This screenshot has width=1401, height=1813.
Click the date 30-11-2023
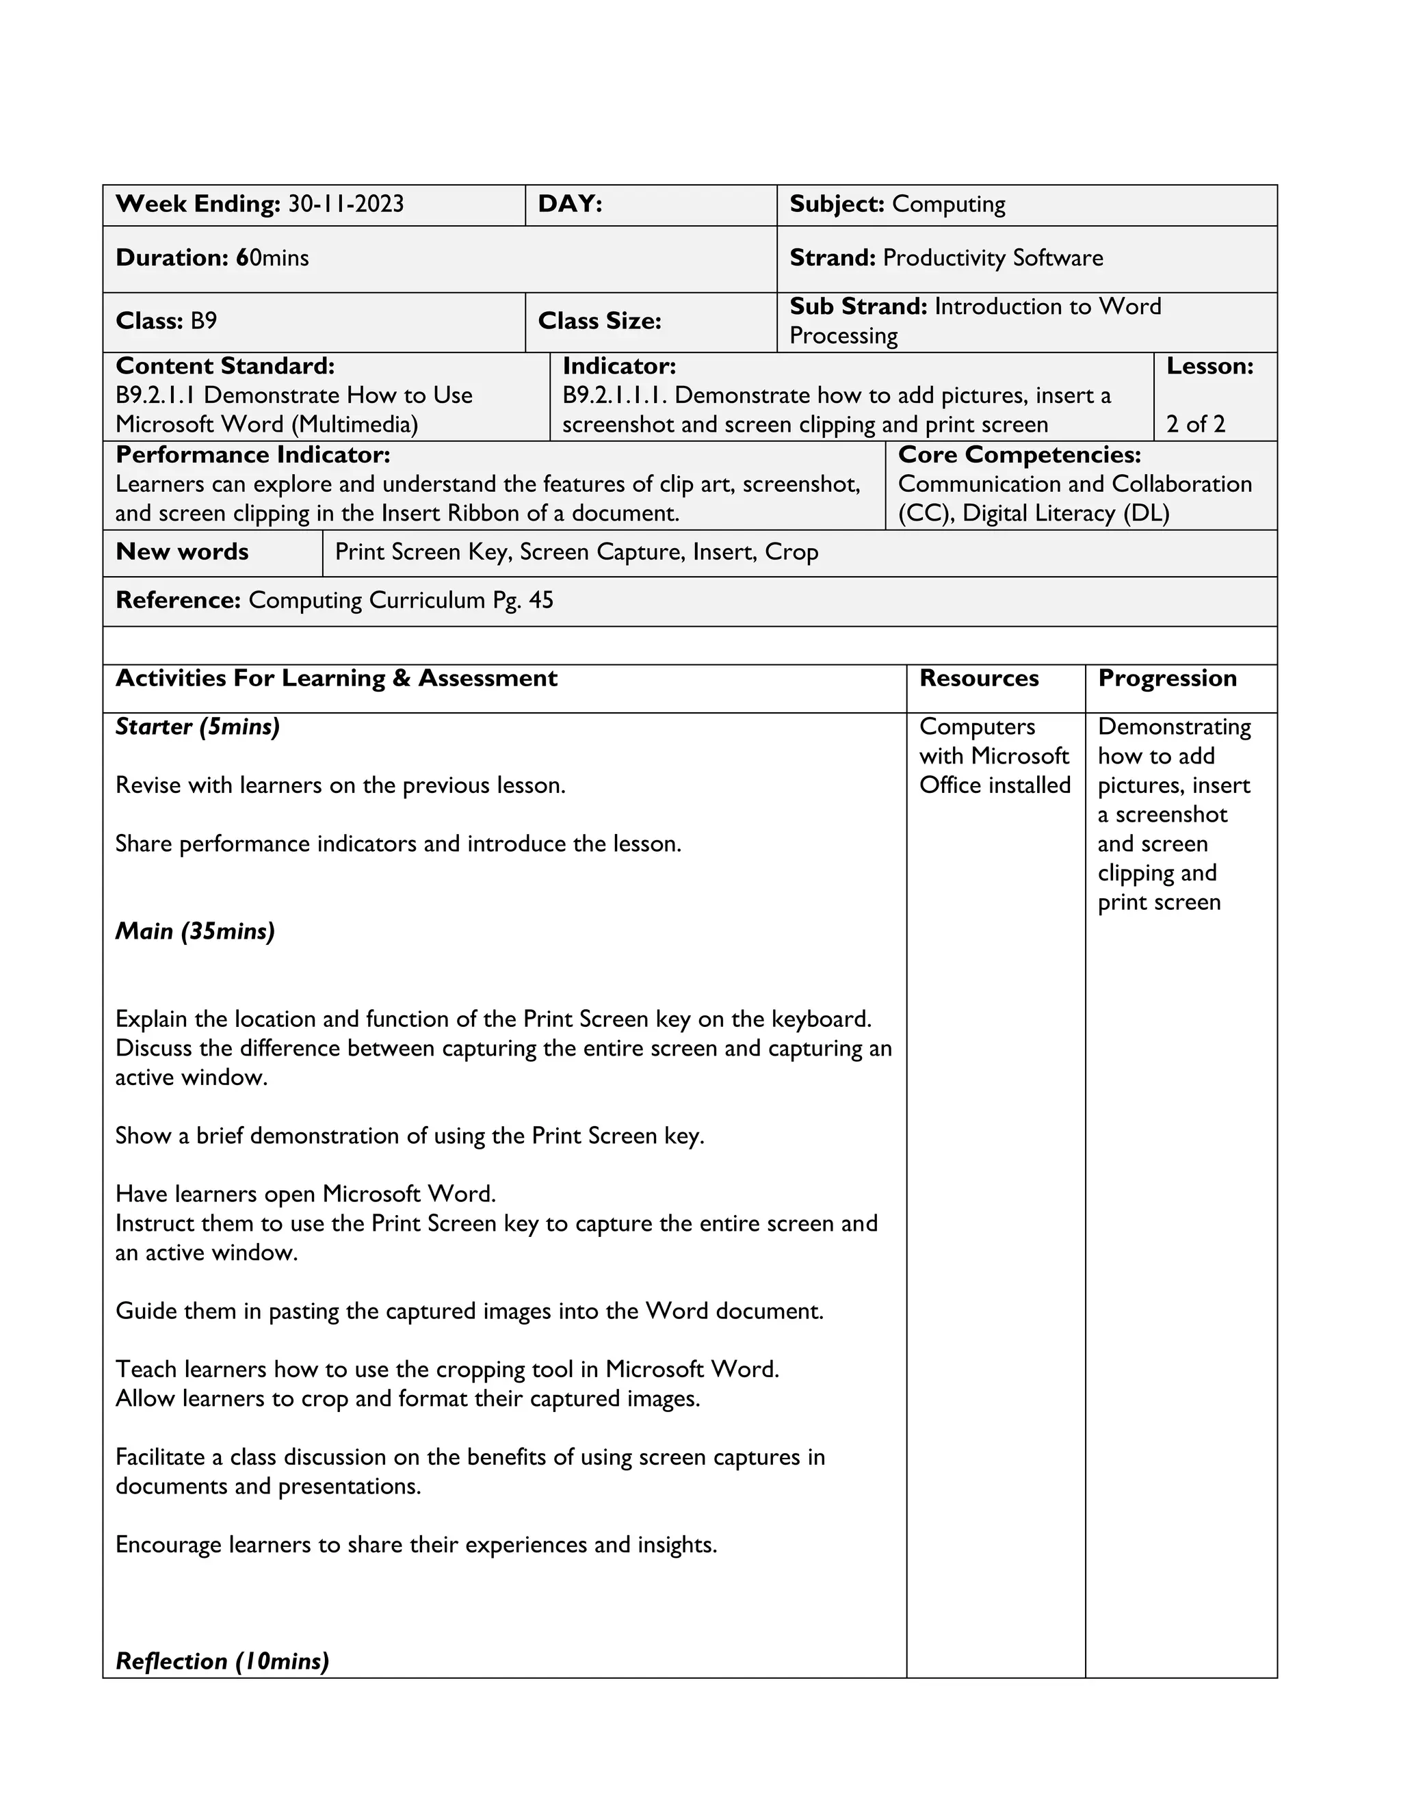pos(345,204)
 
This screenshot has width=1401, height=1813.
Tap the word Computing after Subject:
pos(948,204)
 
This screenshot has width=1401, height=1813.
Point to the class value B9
pos(203,322)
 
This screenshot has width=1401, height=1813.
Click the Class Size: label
pos(599,322)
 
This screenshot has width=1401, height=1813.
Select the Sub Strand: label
pos(857,307)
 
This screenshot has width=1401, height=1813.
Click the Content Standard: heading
pos(225,366)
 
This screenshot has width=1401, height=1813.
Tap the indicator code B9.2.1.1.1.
pos(615,395)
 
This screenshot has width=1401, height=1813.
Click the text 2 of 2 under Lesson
pos(1195,424)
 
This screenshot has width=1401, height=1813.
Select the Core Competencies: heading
pos(1019,455)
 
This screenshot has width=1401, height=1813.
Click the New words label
pos(182,552)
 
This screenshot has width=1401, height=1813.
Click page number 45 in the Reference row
pos(540,600)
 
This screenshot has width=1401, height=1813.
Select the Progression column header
pos(1167,678)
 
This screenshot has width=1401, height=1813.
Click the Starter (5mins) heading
pos(198,727)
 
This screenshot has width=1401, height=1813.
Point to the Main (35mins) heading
pos(195,931)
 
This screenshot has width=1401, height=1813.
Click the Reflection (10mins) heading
pos(222,1661)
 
